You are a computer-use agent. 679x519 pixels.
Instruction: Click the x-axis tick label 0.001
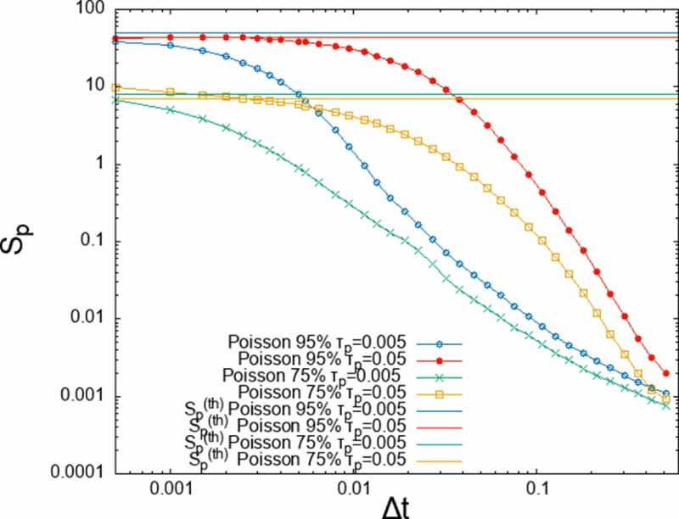pyautogui.click(x=171, y=489)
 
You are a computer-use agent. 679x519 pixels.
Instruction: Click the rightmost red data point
pyautogui.click(x=666, y=373)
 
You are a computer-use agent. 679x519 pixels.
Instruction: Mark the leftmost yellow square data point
pyautogui.click(x=116, y=87)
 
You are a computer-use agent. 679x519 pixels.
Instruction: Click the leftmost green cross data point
pyautogui.click(x=116, y=100)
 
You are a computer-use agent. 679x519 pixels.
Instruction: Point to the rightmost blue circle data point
pyautogui.click(x=666, y=393)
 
